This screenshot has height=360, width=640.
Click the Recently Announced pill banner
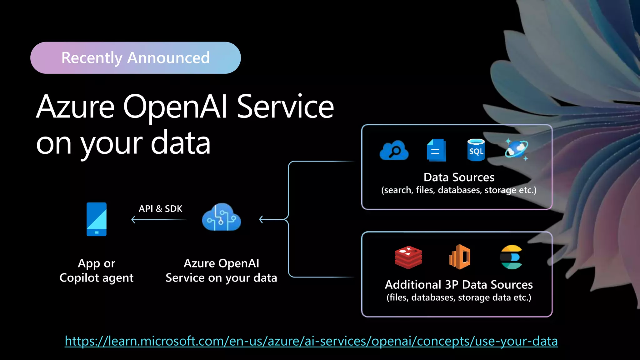(x=135, y=58)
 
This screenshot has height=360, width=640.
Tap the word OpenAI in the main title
(x=175, y=107)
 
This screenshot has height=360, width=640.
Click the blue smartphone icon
(x=97, y=219)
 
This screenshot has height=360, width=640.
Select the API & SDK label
(x=160, y=209)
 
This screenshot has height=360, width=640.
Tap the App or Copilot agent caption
(x=97, y=271)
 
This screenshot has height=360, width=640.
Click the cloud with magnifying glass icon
(x=394, y=151)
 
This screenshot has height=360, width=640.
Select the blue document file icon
(x=436, y=150)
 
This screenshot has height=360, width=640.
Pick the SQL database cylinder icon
(x=476, y=150)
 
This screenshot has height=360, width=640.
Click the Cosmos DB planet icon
(x=516, y=149)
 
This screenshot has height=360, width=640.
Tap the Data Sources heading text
(x=458, y=177)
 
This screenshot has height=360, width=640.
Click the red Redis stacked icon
(x=408, y=257)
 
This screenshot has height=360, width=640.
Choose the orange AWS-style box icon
(x=460, y=257)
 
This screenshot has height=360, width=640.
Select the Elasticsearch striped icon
(x=511, y=257)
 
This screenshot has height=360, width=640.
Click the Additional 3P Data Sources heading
(x=458, y=285)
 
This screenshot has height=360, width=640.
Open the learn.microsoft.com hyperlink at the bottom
(x=311, y=341)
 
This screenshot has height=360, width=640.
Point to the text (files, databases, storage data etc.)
(x=458, y=297)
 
